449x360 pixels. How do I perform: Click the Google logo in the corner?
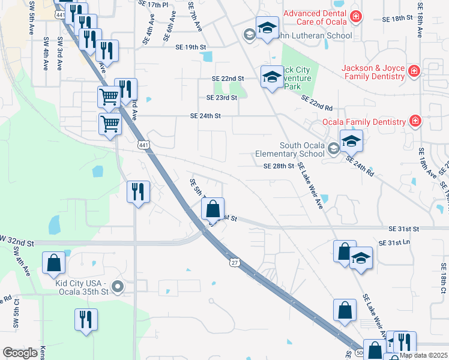click(20, 353)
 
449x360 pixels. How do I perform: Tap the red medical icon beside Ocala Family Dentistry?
click(415, 122)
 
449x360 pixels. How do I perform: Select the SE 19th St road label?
click(190, 47)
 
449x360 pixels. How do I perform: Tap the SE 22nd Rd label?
click(317, 103)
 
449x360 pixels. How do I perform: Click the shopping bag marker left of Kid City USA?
click(53, 262)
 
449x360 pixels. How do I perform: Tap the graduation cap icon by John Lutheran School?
click(268, 28)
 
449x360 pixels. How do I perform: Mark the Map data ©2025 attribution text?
click(423, 355)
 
